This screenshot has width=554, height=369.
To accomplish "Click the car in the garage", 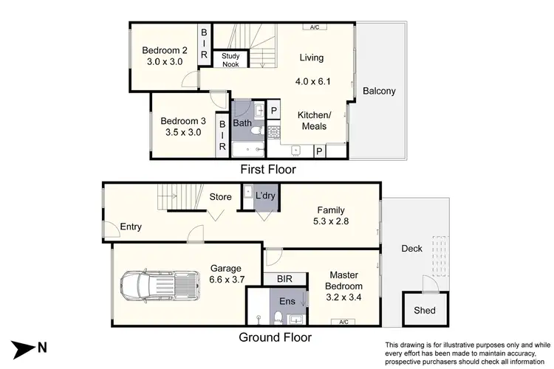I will coord(160,286).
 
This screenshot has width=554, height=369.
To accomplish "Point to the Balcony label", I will coord(379,92).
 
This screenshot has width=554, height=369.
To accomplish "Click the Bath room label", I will coord(242,123).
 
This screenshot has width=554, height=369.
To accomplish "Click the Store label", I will coord(221,196).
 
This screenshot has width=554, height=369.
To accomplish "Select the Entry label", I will coord(129,227).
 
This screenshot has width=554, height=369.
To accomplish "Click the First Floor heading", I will coord(268,170).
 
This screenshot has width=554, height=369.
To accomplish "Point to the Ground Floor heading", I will coord(274,337).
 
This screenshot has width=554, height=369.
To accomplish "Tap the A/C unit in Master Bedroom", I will coord(343,322).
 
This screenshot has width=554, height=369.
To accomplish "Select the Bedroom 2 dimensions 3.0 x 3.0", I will coord(165,63).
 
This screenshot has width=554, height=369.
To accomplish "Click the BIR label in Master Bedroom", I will coord(283,279).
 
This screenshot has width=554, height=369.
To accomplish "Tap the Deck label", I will coord(412,248).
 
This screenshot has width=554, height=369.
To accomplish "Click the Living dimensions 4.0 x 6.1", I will coord(311,75).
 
